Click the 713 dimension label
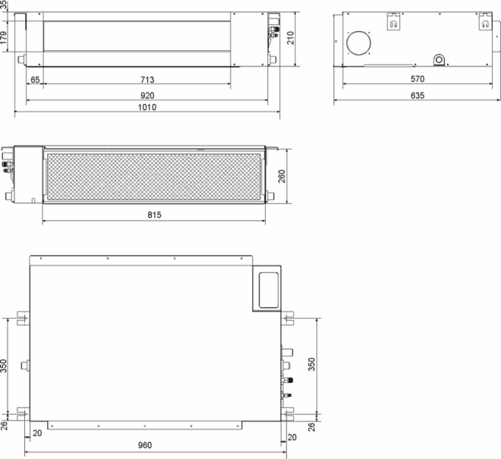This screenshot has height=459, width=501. tap(147, 80)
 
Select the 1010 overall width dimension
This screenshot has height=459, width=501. tap(147, 107)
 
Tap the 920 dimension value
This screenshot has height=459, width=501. tap(147, 96)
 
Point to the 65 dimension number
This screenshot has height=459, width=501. tap(35, 80)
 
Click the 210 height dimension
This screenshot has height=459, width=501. tap(290, 38)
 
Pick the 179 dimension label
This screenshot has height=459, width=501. tap(4, 37)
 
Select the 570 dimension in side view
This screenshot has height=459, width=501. tap(417, 79)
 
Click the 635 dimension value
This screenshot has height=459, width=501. tap(417, 96)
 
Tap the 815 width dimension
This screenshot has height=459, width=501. tap(154, 215)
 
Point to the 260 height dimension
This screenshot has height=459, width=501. tap(282, 176)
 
